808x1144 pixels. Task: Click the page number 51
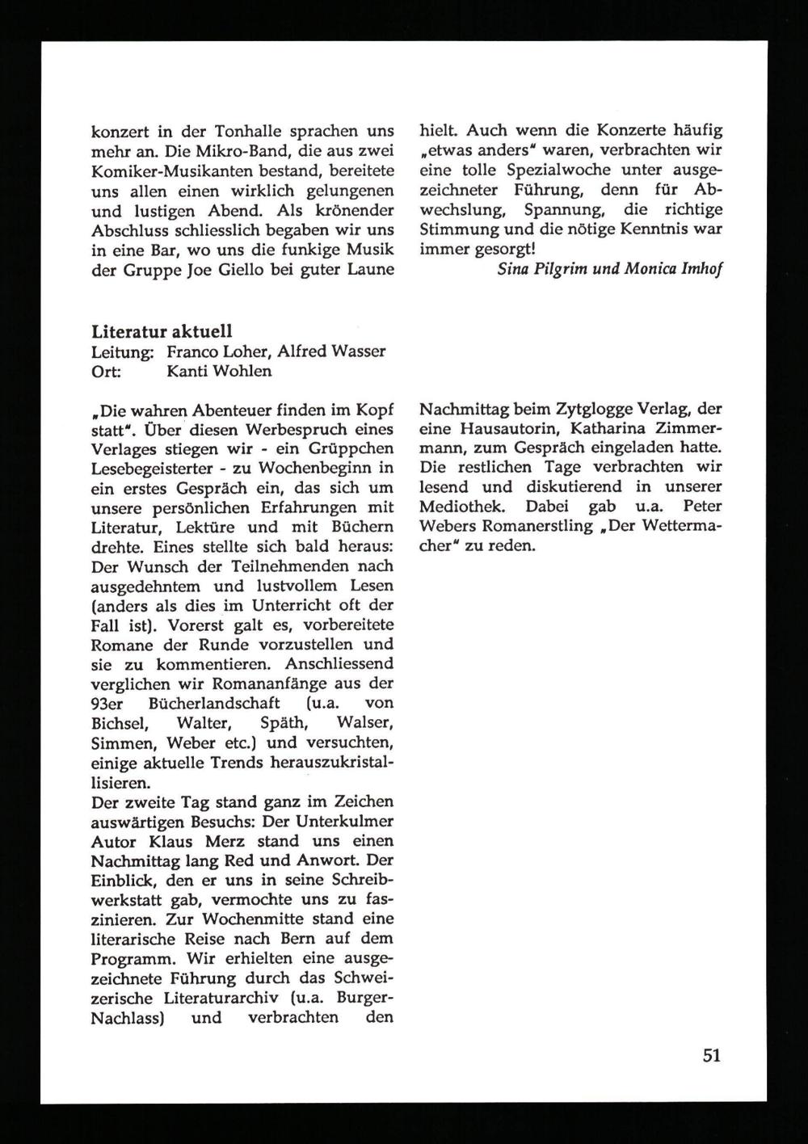(x=711, y=1055)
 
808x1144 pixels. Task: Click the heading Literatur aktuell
(x=162, y=331)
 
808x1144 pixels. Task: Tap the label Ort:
(x=107, y=371)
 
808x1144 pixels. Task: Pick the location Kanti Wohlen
(x=219, y=371)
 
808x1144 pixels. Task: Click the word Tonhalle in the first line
(x=247, y=131)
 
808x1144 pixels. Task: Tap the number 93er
(x=106, y=703)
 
